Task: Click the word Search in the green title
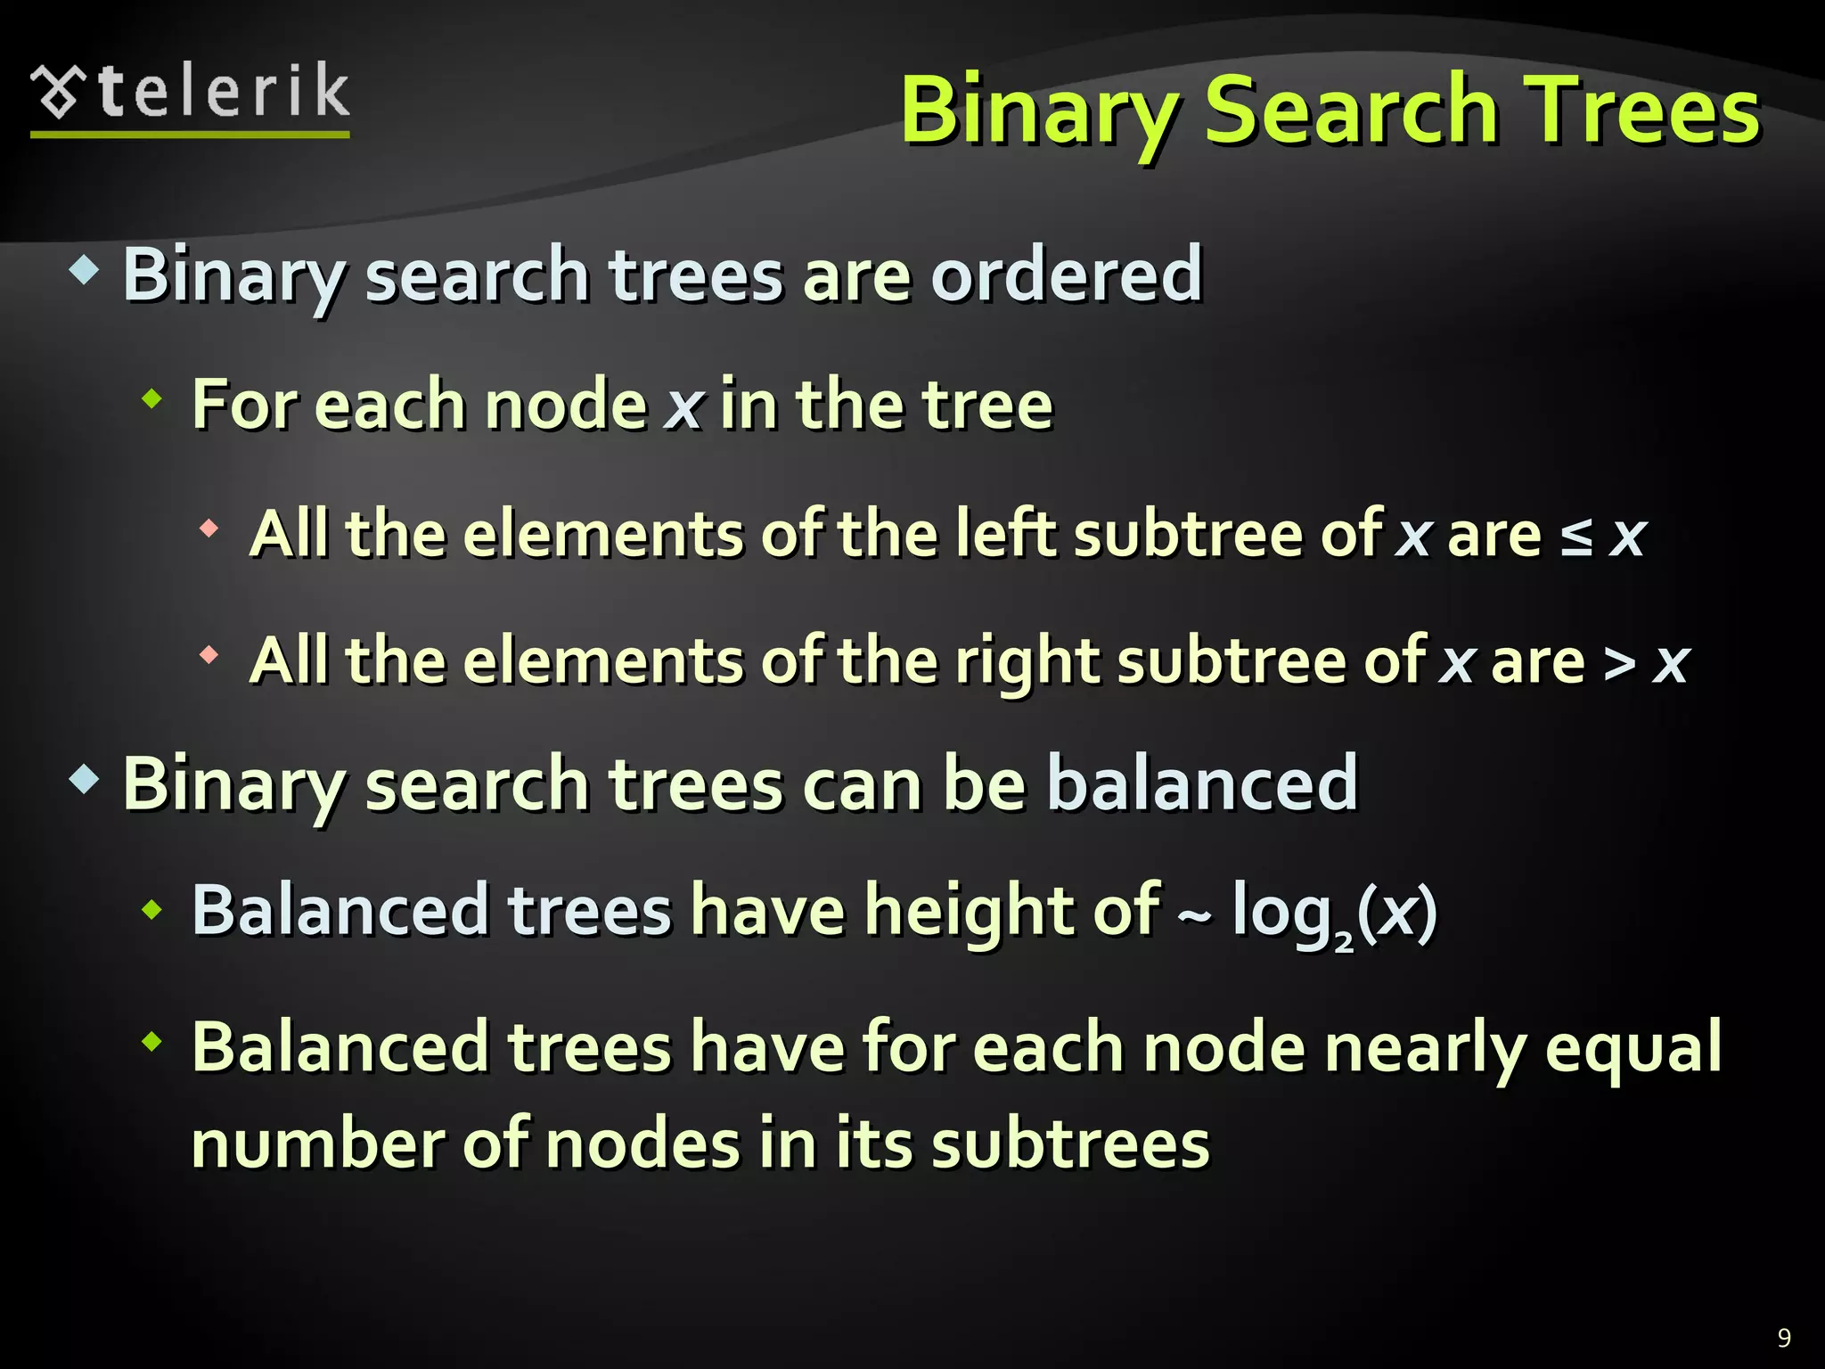(x=1351, y=111)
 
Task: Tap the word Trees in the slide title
(x=1641, y=111)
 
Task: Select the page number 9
(x=1784, y=1337)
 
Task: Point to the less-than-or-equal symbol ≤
(x=1576, y=537)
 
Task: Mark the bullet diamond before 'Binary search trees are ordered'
(x=84, y=270)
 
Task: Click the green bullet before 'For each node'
(x=152, y=399)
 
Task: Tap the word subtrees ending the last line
(x=1070, y=1144)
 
